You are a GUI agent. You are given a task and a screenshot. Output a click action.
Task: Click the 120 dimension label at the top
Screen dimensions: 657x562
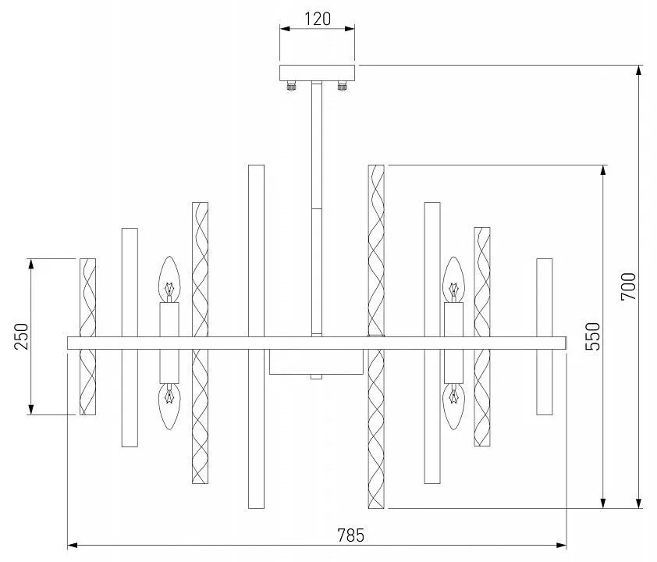click(x=318, y=19)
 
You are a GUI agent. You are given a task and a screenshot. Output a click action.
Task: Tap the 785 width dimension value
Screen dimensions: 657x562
click(x=350, y=535)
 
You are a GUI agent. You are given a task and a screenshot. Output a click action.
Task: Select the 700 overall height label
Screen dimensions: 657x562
click(x=628, y=286)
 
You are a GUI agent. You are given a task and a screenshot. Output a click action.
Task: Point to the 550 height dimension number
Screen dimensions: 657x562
click(x=593, y=336)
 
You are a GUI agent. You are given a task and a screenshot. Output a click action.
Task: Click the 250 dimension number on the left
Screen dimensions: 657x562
click(x=21, y=336)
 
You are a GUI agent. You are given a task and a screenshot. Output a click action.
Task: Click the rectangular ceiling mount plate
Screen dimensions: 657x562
click(x=318, y=73)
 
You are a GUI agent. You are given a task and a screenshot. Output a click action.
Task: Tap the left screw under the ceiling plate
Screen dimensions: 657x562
click(x=292, y=86)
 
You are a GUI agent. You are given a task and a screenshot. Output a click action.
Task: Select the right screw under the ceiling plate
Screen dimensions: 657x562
click(x=343, y=86)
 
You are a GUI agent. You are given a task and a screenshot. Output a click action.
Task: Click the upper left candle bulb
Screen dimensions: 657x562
click(x=169, y=279)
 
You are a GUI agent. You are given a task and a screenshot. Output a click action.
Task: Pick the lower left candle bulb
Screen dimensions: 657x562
click(x=169, y=407)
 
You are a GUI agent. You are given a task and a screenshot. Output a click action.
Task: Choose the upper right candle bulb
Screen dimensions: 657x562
click(x=454, y=279)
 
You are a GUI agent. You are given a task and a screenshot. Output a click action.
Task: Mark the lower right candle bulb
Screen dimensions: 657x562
click(x=454, y=407)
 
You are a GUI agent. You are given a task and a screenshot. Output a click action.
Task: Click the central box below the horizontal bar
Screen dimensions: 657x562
click(x=316, y=362)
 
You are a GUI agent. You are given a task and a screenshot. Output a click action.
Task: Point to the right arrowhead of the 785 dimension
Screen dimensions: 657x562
click(x=562, y=546)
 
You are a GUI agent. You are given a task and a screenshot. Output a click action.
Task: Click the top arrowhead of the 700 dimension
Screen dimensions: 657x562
click(x=638, y=71)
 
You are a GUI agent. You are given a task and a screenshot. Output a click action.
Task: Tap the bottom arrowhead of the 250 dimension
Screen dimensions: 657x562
click(x=30, y=409)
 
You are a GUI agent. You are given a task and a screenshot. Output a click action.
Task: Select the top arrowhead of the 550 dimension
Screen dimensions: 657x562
click(x=603, y=171)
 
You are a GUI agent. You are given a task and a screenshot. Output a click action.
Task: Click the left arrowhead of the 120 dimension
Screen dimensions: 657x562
click(x=286, y=29)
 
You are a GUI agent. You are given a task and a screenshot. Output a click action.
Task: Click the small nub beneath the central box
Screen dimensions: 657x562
click(x=316, y=377)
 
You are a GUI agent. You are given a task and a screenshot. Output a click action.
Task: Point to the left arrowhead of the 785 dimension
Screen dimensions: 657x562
click(x=73, y=546)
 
